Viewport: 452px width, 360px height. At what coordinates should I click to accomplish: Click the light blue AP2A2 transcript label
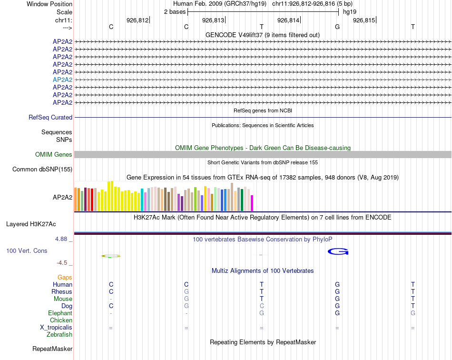(62, 80)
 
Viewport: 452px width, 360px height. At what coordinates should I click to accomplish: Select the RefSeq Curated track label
(50, 117)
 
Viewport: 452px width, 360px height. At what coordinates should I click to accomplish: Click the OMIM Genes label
(53, 154)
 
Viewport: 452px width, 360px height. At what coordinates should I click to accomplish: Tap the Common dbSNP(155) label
(42, 169)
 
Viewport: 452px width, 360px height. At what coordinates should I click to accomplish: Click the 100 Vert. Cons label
(27, 250)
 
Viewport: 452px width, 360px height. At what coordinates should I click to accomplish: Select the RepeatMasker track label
(52, 349)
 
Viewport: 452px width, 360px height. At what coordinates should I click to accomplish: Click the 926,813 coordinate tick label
(213, 20)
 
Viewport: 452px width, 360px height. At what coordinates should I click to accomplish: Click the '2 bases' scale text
(175, 12)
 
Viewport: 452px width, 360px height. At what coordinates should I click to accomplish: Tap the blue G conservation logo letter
(338, 251)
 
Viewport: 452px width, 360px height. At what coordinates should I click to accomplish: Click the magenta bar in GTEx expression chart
(252, 203)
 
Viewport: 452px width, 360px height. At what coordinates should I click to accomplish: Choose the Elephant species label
(60, 313)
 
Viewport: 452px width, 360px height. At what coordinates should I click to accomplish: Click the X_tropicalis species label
(56, 328)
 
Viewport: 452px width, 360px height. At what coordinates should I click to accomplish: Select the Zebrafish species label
(59, 335)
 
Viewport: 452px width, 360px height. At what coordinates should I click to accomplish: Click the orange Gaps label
(65, 277)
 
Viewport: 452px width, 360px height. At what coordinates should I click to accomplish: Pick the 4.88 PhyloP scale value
(62, 239)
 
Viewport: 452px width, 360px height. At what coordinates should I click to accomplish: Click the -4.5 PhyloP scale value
(62, 262)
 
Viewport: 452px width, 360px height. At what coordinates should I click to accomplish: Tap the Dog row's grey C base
(262, 306)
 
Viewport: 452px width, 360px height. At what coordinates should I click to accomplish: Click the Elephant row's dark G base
(337, 313)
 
